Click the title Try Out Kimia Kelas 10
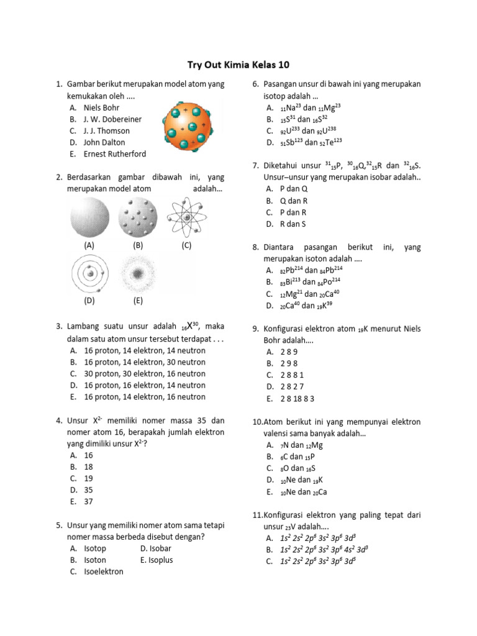tap(238, 65)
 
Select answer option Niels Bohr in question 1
tap(101, 107)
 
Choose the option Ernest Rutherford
tap(115, 153)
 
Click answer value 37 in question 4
tap(88, 502)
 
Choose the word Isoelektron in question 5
tap(104, 571)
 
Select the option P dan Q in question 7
tap(294, 188)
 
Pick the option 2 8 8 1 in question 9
tap(293, 375)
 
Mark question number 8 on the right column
tap(255, 247)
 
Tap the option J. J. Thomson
tap(107, 130)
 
